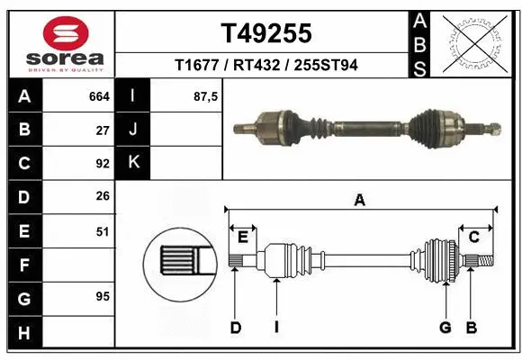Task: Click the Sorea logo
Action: click(x=59, y=43)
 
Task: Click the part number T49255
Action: click(x=266, y=33)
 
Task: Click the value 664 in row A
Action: click(x=99, y=96)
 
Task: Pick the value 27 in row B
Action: click(x=103, y=130)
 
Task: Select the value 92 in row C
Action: click(x=103, y=164)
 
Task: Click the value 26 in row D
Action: click(x=103, y=196)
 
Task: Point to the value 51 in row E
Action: click(x=103, y=231)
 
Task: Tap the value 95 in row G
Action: click(x=103, y=296)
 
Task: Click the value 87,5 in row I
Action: click(x=206, y=96)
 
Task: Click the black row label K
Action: click(x=133, y=163)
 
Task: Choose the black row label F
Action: click(x=23, y=265)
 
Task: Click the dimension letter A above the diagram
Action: click(x=360, y=201)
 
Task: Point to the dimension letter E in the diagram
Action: click(x=242, y=237)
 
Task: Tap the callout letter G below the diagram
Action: click(x=445, y=328)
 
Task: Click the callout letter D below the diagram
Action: click(x=236, y=328)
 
